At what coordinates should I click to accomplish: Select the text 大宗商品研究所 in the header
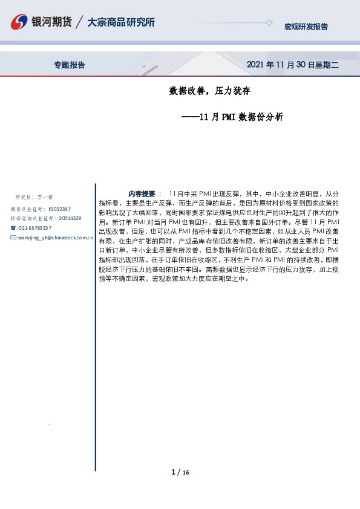(x=120, y=22)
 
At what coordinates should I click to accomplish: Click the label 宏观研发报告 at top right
(x=306, y=27)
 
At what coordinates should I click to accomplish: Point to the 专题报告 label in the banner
(x=70, y=65)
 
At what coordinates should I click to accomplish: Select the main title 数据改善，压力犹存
(x=210, y=92)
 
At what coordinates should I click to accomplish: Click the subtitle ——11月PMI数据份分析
(x=232, y=117)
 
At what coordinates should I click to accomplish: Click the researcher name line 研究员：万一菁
(x=34, y=197)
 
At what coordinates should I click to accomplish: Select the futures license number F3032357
(x=59, y=209)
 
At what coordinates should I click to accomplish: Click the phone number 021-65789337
(x=34, y=228)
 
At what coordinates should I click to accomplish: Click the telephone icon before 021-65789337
(x=13, y=228)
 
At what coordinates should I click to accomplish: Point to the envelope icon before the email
(x=13, y=238)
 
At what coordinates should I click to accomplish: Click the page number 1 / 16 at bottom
(x=180, y=472)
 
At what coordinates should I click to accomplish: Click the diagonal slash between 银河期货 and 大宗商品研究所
(x=80, y=23)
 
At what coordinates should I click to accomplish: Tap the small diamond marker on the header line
(x=269, y=23)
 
